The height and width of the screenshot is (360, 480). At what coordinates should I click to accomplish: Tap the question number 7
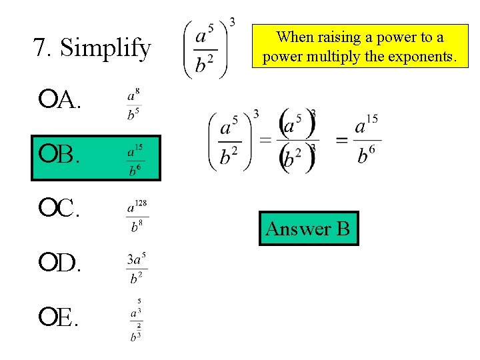40,48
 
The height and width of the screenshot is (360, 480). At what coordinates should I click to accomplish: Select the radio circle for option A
47,100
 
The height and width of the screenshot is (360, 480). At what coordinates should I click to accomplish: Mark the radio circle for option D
47,265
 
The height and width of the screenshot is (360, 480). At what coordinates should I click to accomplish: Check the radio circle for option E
47,319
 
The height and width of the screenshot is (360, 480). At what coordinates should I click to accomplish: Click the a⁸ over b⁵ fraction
133,105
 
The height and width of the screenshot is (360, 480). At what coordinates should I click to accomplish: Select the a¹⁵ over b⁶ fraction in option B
135,159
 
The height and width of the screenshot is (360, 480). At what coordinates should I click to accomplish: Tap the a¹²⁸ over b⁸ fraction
137,215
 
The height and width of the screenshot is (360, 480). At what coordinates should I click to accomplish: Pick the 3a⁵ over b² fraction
137,269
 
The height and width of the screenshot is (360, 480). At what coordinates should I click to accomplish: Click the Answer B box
308,229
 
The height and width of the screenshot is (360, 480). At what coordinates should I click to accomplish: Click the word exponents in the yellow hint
423,57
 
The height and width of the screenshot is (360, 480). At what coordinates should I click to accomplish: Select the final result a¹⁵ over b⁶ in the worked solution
365,140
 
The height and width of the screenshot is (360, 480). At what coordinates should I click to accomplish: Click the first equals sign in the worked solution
265,139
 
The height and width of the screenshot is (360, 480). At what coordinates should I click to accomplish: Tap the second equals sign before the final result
342,139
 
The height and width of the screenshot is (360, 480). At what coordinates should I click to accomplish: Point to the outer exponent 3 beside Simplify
231,22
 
